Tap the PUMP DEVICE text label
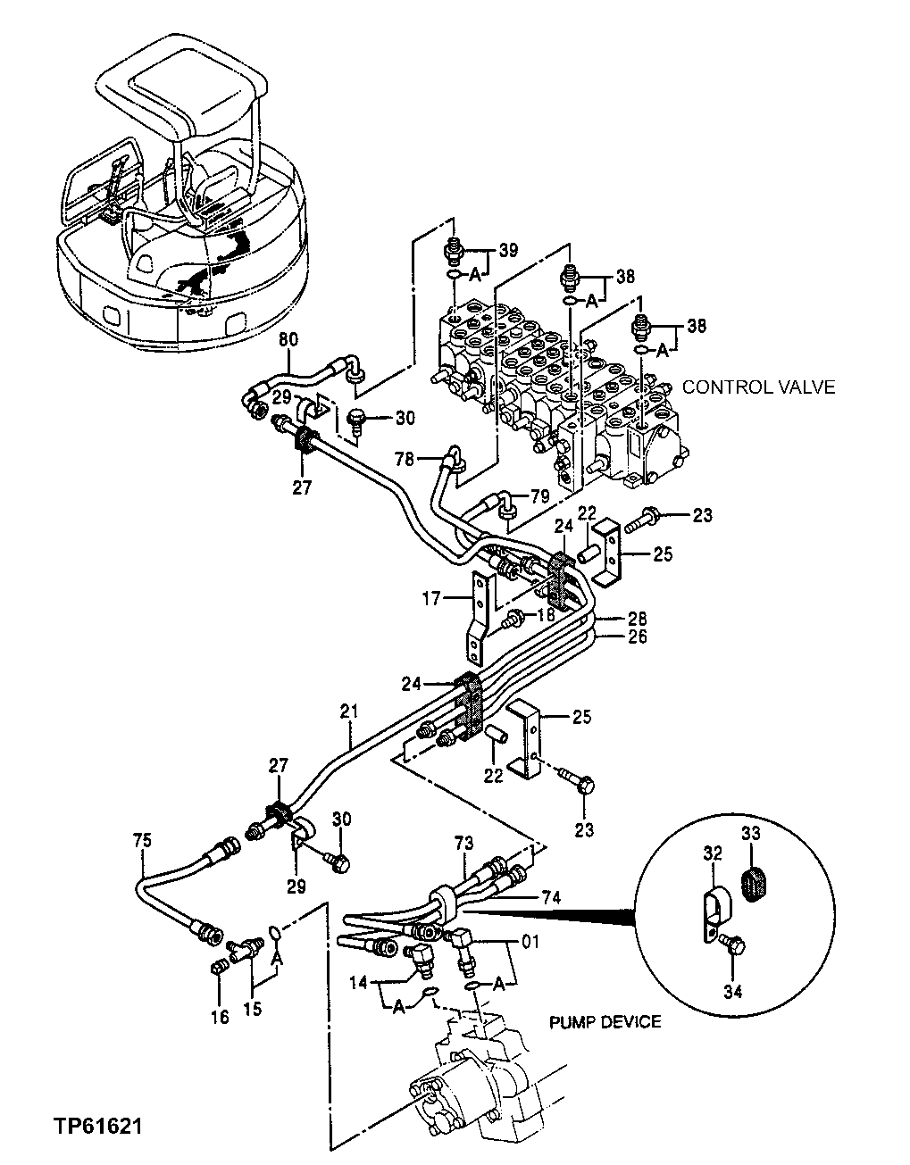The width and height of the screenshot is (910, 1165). (x=605, y=1021)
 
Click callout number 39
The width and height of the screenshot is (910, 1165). (x=508, y=251)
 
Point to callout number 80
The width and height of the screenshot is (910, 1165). (x=288, y=340)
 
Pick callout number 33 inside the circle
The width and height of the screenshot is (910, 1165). (x=751, y=833)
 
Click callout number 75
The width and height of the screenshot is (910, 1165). (x=142, y=840)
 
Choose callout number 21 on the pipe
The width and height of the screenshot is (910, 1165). (x=349, y=711)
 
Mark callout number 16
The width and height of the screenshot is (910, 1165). (x=220, y=1016)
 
